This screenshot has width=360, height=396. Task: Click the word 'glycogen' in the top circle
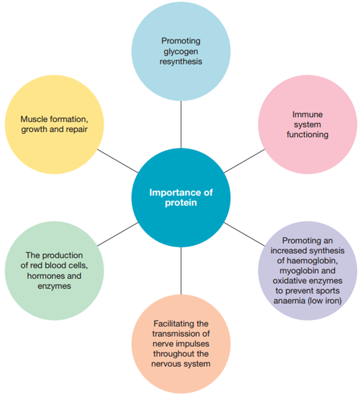(181, 52)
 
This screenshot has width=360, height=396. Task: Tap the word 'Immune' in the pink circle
(308, 115)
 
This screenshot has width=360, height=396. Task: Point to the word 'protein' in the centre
(181, 203)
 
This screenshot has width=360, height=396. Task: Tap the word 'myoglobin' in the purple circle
(297, 271)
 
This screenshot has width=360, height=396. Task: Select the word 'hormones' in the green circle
(43, 276)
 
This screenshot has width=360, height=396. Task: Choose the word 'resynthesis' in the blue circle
(181, 62)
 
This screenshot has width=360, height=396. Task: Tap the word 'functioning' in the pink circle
(308, 135)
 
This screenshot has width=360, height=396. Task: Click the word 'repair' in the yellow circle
(77, 129)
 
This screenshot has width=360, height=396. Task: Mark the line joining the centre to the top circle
(181, 124)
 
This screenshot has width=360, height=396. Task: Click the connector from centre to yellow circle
(118, 161)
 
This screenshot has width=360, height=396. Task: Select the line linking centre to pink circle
(245, 161)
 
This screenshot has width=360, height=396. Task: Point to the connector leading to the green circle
(118, 234)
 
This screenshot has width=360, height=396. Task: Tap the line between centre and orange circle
(181, 271)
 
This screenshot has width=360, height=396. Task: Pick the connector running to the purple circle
(245, 234)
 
